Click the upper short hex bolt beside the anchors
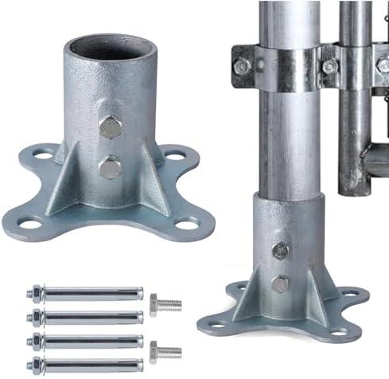pyautogui.click(x=166, y=303)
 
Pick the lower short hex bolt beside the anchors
pyautogui.click(x=166, y=350)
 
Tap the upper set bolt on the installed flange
pyautogui.click(x=280, y=250)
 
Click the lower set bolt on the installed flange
pyautogui.click(x=280, y=283)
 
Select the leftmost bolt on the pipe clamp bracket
pyautogui.click(x=242, y=67)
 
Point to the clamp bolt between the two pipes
pyautogui.click(x=329, y=67)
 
